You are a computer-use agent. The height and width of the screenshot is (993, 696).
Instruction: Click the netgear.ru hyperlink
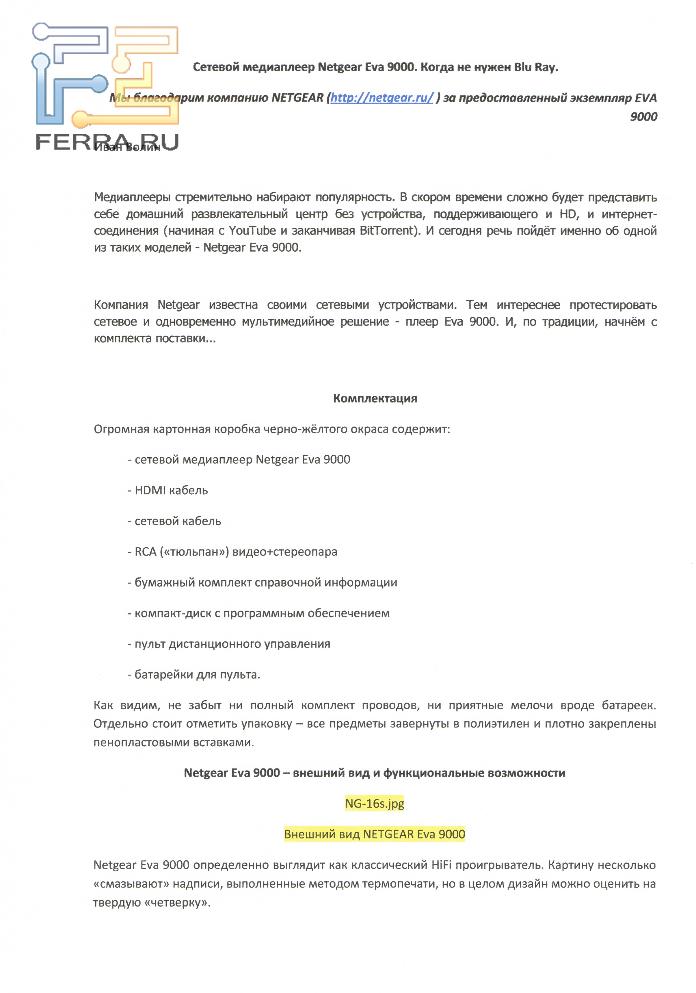click(381, 98)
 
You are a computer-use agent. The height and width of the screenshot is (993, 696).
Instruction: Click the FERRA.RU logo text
click(106, 142)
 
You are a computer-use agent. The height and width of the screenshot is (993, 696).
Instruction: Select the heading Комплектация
click(375, 398)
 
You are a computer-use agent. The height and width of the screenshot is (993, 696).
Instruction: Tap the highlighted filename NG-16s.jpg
click(374, 803)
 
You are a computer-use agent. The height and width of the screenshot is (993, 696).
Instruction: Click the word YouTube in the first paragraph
click(252, 231)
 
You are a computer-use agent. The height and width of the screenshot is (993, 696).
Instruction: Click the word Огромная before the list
click(121, 429)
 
